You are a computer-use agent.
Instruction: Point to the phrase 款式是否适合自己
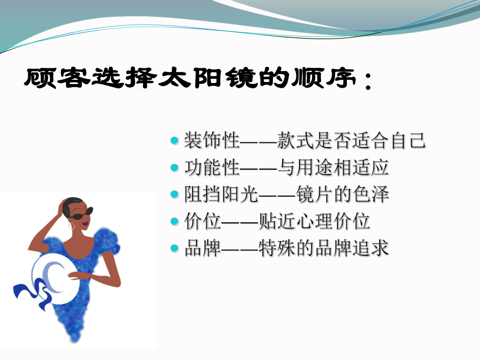tap(353, 141)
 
